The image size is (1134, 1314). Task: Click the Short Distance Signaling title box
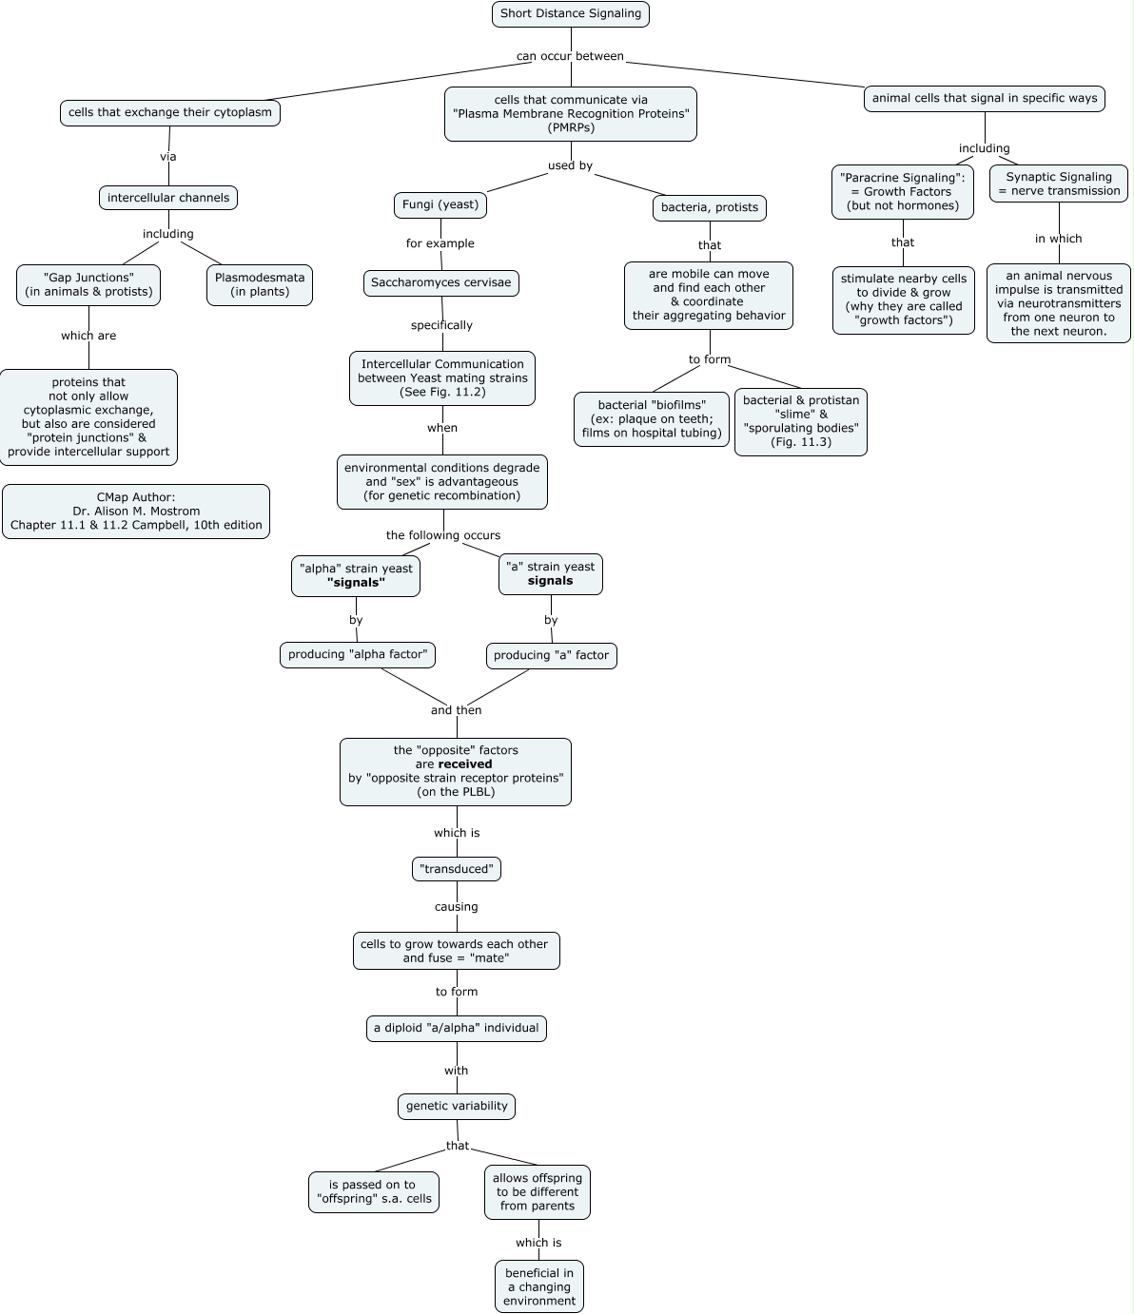(571, 14)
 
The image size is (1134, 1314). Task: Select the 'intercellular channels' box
(168, 198)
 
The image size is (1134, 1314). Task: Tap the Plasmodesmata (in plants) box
(260, 285)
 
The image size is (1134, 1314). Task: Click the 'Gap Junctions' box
(88, 285)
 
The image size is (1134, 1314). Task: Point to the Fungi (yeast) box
(440, 204)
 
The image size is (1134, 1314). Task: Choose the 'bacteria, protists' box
(709, 208)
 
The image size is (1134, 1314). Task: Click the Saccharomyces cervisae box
(441, 283)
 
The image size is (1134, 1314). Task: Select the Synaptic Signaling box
(1059, 184)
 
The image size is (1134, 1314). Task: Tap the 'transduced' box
(457, 869)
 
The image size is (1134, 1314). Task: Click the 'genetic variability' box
(457, 1106)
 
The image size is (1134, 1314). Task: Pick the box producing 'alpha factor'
(358, 655)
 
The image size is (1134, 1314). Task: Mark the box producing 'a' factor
(552, 656)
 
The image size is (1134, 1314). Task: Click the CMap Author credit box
(136, 512)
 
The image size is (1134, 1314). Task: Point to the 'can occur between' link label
(570, 56)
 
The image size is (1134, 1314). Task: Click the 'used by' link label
(571, 166)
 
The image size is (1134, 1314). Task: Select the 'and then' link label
(456, 710)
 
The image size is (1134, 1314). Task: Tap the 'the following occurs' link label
(443, 535)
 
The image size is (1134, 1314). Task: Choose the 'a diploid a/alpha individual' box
(457, 1028)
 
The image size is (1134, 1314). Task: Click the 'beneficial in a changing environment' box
(539, 1286)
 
